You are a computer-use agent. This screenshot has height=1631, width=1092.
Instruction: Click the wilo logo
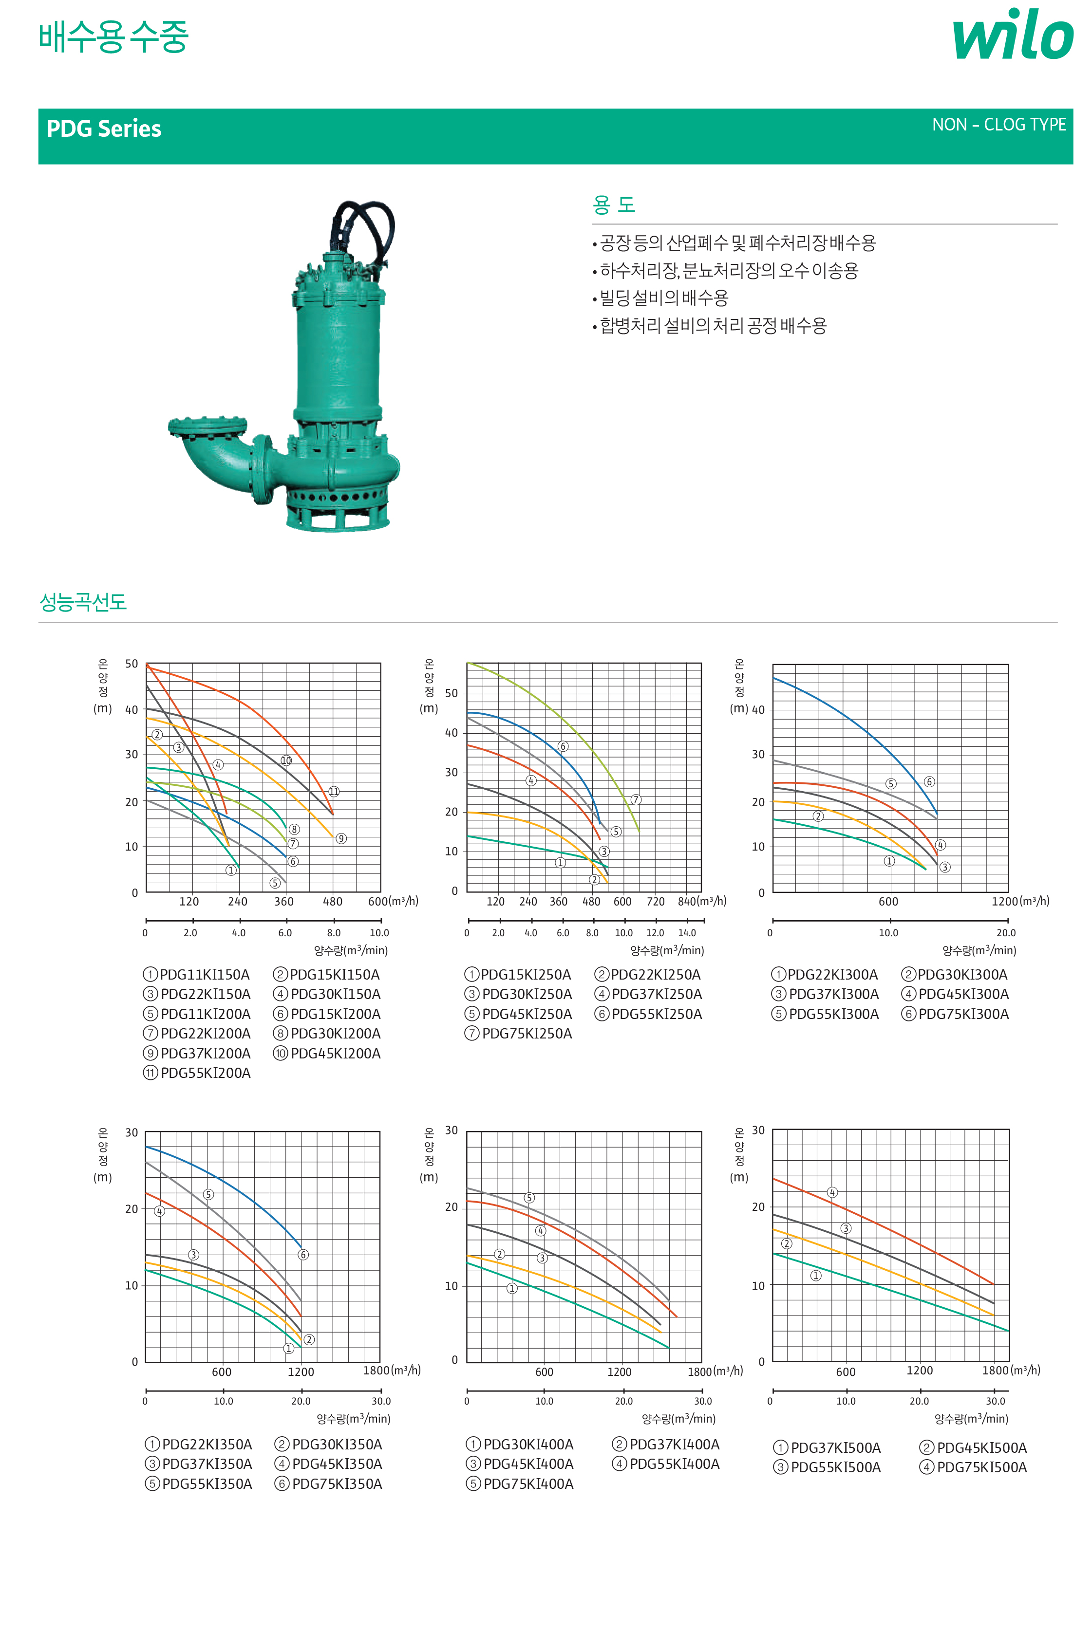click(x=1013, y=34)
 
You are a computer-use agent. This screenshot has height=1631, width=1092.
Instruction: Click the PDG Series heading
click(x=104, y=129)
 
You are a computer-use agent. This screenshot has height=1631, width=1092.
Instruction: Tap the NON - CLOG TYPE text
click(x=998, y=125)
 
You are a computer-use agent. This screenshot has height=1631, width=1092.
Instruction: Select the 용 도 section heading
click(x=614, y=204)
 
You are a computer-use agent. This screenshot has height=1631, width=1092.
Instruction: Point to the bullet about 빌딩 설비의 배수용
click(x=660, y=298)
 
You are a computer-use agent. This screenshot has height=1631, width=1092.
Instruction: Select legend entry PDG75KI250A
click(x=518, y=1034)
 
